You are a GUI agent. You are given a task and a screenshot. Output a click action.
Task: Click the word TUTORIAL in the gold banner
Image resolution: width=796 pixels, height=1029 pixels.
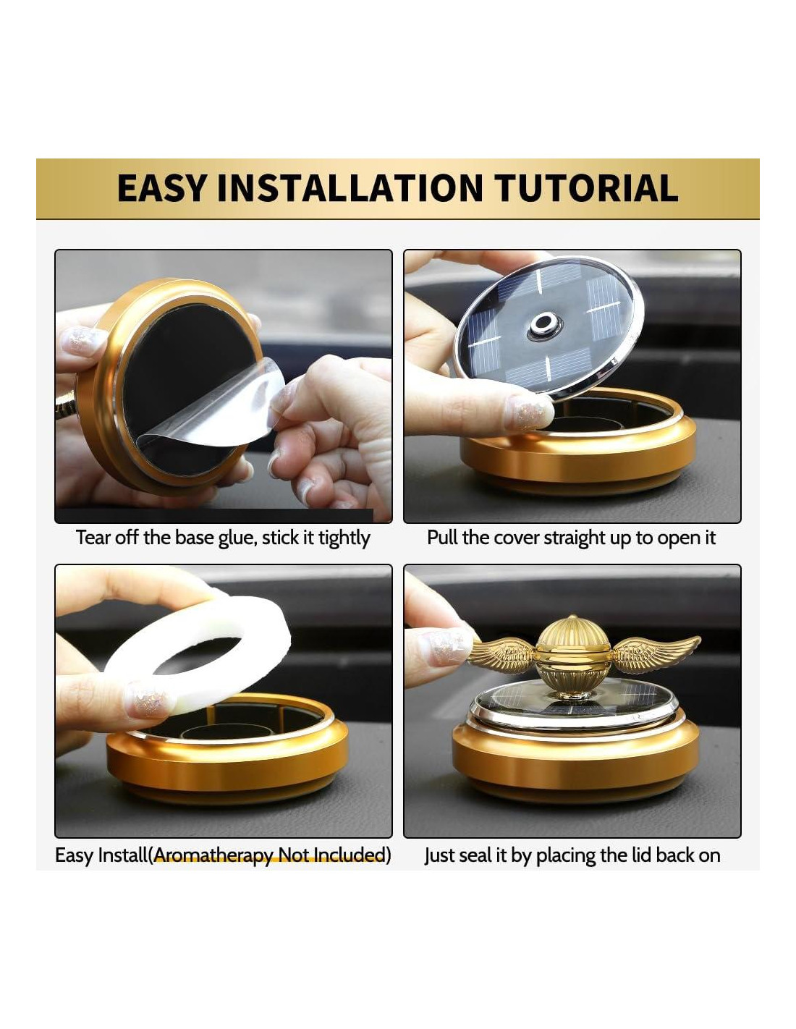tap(588, 188)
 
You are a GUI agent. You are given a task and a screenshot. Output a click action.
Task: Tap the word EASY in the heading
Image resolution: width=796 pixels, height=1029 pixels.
tap(161, 188)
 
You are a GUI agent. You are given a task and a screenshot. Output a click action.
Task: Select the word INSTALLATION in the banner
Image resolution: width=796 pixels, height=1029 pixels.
tap(350, 188)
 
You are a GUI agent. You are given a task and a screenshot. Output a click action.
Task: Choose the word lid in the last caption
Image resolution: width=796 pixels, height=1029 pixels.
tap(643, 855)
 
